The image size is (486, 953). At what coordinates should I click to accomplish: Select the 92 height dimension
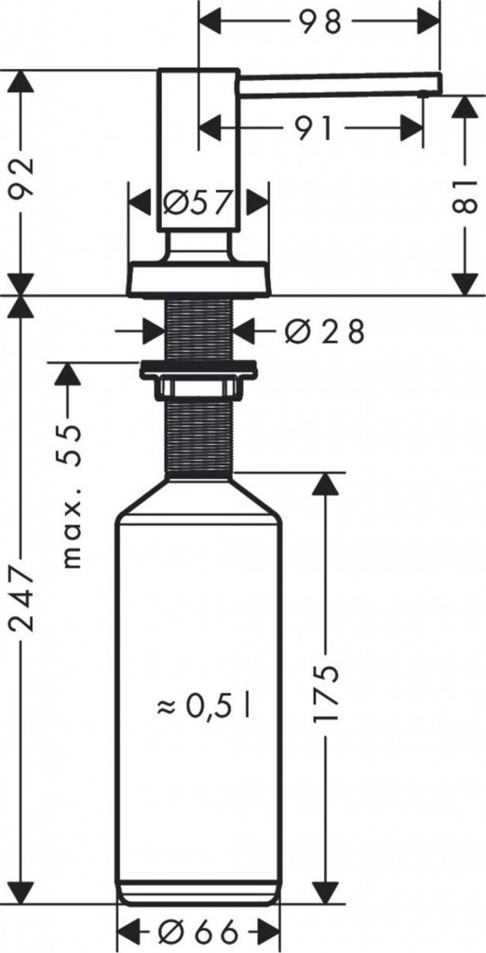click(x=21, y=181)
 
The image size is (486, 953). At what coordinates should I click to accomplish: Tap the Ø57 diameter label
click(x=197, y=202)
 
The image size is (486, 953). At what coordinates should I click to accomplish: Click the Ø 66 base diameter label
click(x=197, y=932)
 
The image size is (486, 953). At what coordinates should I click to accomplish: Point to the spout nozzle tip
click(x=425, y=91)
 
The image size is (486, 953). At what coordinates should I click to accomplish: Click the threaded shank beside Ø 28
click(x=198, y=329)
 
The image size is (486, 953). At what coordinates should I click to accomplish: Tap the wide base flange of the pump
click(x=198, y=278)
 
